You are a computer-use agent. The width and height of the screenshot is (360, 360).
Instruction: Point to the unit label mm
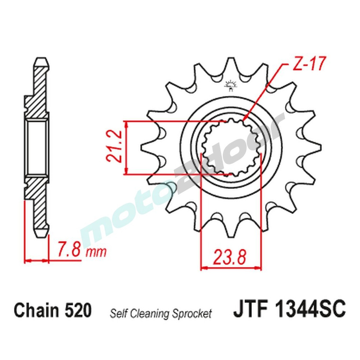(x=96, y=252)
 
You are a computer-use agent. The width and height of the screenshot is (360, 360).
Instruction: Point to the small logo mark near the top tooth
(x=229, y=85)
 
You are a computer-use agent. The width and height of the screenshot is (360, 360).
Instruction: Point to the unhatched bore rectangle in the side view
(x=37, y=148)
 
